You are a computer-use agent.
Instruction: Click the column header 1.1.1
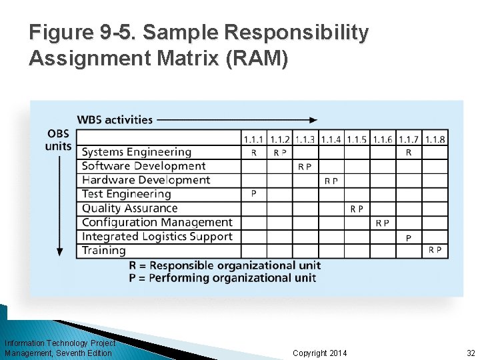(x=253, y=139)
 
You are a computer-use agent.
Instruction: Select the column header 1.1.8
(x=435, y=139)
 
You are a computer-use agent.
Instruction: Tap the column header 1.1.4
(x=331, y=139)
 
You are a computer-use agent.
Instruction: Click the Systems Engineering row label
(x=136, y=153)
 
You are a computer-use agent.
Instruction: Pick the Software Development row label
(x=143, y=166)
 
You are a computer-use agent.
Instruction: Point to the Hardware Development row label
(x=145, y=180)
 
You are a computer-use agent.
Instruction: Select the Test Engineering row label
(x=126, y=194)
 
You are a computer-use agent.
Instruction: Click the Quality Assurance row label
(x=129, y=208)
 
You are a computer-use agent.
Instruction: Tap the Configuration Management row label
(x=157, y=222)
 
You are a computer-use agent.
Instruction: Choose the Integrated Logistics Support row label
(x=157, y=236)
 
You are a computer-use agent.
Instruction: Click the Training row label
(x=103, y=250)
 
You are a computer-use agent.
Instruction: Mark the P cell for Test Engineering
(x=253, y=194)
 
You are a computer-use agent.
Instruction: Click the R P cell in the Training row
(x=435, y=250)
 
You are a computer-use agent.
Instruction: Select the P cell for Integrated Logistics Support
(x=409, y=237)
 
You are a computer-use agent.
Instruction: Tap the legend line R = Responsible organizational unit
(x=225, y=265)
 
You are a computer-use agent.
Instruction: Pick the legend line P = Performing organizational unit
(x=223, y=277)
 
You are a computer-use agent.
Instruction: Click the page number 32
(x=471, y=353)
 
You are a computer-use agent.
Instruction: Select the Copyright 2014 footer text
(x=320, y=353)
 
